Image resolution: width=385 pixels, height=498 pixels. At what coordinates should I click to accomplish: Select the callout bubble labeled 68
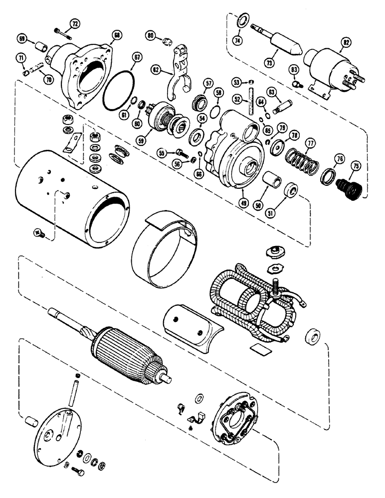(x=117, y=35)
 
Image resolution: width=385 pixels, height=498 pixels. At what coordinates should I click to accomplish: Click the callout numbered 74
(x=238, y=41)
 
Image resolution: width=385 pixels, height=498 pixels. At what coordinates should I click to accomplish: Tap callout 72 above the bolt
(x=75, y=24)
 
